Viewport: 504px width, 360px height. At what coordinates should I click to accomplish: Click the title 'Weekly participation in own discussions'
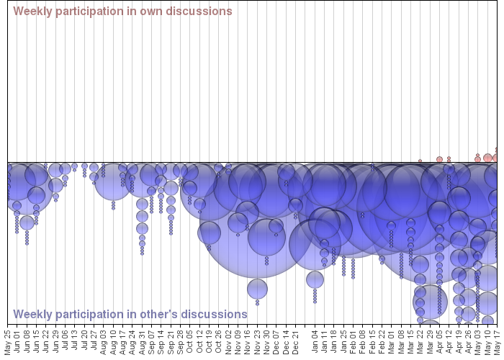(122, 12)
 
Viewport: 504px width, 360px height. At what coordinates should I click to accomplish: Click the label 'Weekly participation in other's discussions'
(130, 315)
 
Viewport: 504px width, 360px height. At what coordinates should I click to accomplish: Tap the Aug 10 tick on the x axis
(113, 341)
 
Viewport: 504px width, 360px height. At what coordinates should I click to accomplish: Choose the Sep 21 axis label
(171, 341)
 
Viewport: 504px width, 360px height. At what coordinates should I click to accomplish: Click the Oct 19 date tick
(209, 341)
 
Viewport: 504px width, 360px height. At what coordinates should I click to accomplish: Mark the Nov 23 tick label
(257, 341)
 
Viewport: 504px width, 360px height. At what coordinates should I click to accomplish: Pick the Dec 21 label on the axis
(295, 341)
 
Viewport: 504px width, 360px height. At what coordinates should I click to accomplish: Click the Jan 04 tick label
(315, 341)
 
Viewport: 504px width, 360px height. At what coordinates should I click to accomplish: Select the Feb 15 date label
(372, 341)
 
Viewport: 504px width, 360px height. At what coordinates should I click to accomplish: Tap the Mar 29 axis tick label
(430, 341)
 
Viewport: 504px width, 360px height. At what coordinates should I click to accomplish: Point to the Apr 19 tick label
(459, 341)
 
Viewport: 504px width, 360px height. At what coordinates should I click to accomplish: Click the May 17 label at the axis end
(497, 341)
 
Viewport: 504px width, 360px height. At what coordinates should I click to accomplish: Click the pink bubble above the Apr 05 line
(439, 160)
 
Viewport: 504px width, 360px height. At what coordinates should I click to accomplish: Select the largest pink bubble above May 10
(487, 158)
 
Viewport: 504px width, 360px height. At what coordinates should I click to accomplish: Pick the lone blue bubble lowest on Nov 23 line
(257, 289)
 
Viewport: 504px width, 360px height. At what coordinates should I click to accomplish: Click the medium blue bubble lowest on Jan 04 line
(315, 279)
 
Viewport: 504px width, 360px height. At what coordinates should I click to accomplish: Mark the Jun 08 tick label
(27, 341)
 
